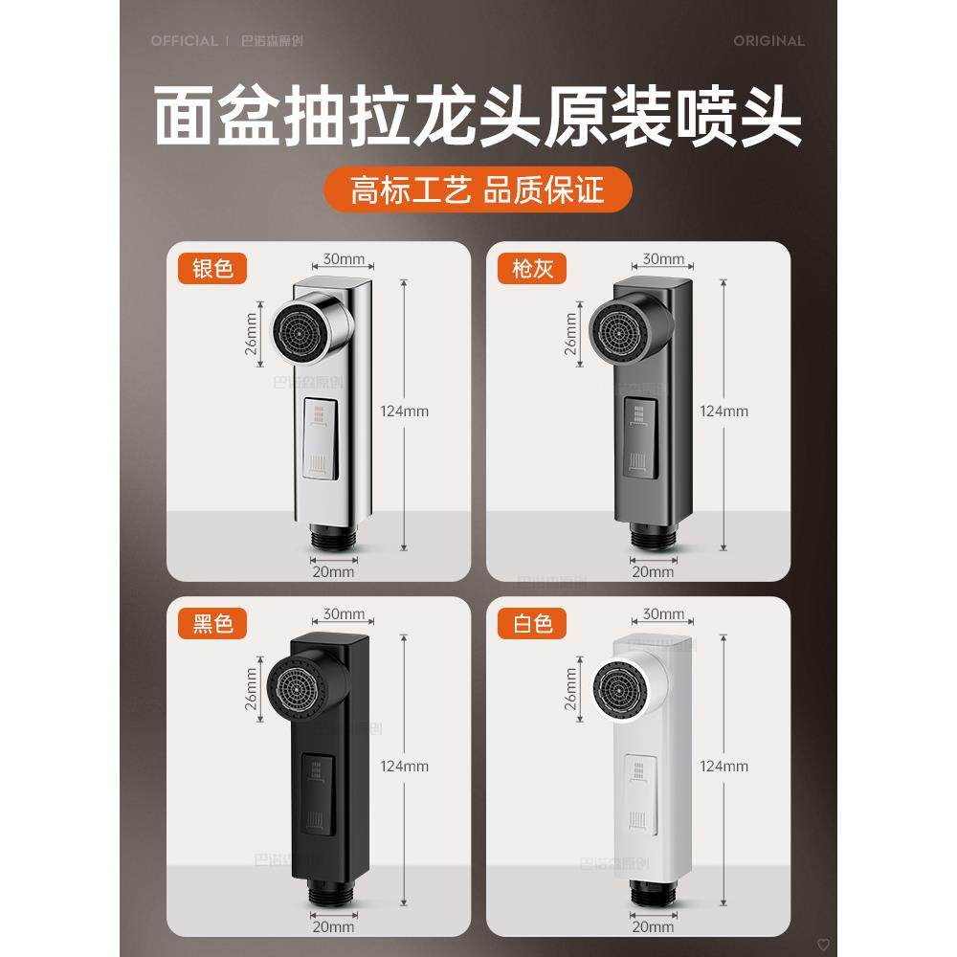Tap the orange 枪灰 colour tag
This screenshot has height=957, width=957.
coord(532,269)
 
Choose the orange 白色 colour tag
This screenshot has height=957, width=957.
coord(532,625)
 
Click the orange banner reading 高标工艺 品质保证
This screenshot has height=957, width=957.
coord(478,190)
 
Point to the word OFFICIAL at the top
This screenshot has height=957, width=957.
coord(184,41)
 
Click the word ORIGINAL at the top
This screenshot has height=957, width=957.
coord(768,41)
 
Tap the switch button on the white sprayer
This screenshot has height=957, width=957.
coord(639,792)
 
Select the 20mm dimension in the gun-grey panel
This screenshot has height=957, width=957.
coord(654,571)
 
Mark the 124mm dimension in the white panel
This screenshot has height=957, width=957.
coord(723,766)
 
